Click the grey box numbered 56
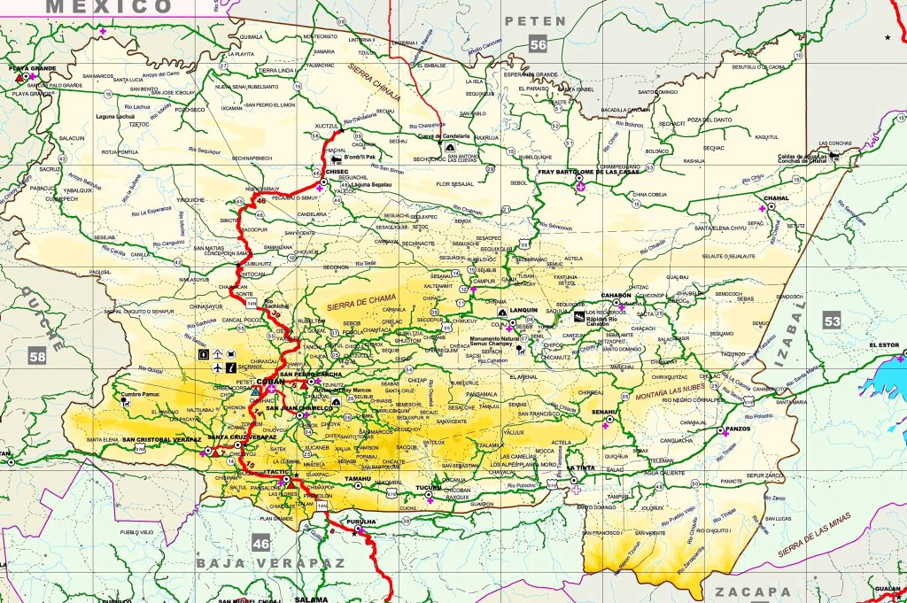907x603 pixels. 538,44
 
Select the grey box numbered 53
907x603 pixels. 831,321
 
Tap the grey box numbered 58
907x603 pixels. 36,357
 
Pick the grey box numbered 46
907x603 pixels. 260,543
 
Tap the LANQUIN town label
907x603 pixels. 523,311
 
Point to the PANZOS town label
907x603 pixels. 737,429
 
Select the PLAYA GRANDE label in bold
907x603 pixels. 32,68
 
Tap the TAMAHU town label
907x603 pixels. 358,479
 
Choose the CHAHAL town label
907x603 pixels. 775,198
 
